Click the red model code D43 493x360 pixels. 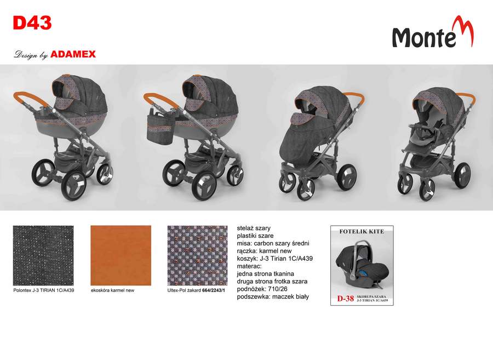coord(32,23)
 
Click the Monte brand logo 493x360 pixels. coord(433,32)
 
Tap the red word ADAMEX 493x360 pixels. coord(73,54)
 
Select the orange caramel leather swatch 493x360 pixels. coord(121,255)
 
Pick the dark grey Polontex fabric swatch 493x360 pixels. coord(43,255)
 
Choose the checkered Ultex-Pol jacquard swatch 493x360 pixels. coord(197,255)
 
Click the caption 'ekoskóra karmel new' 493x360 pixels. coord(112,290)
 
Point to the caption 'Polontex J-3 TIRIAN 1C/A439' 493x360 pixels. coord(44,290)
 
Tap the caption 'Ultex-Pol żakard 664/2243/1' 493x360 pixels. coord(196,290)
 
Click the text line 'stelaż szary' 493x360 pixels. coord(254,228)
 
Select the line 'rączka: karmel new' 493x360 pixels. coord(265,251)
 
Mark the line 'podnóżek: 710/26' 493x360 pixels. coord(262,289)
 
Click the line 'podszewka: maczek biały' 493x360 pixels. coord(273,296)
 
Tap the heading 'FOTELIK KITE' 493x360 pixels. coord(362,231)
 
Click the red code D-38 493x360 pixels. coord(346,299)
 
